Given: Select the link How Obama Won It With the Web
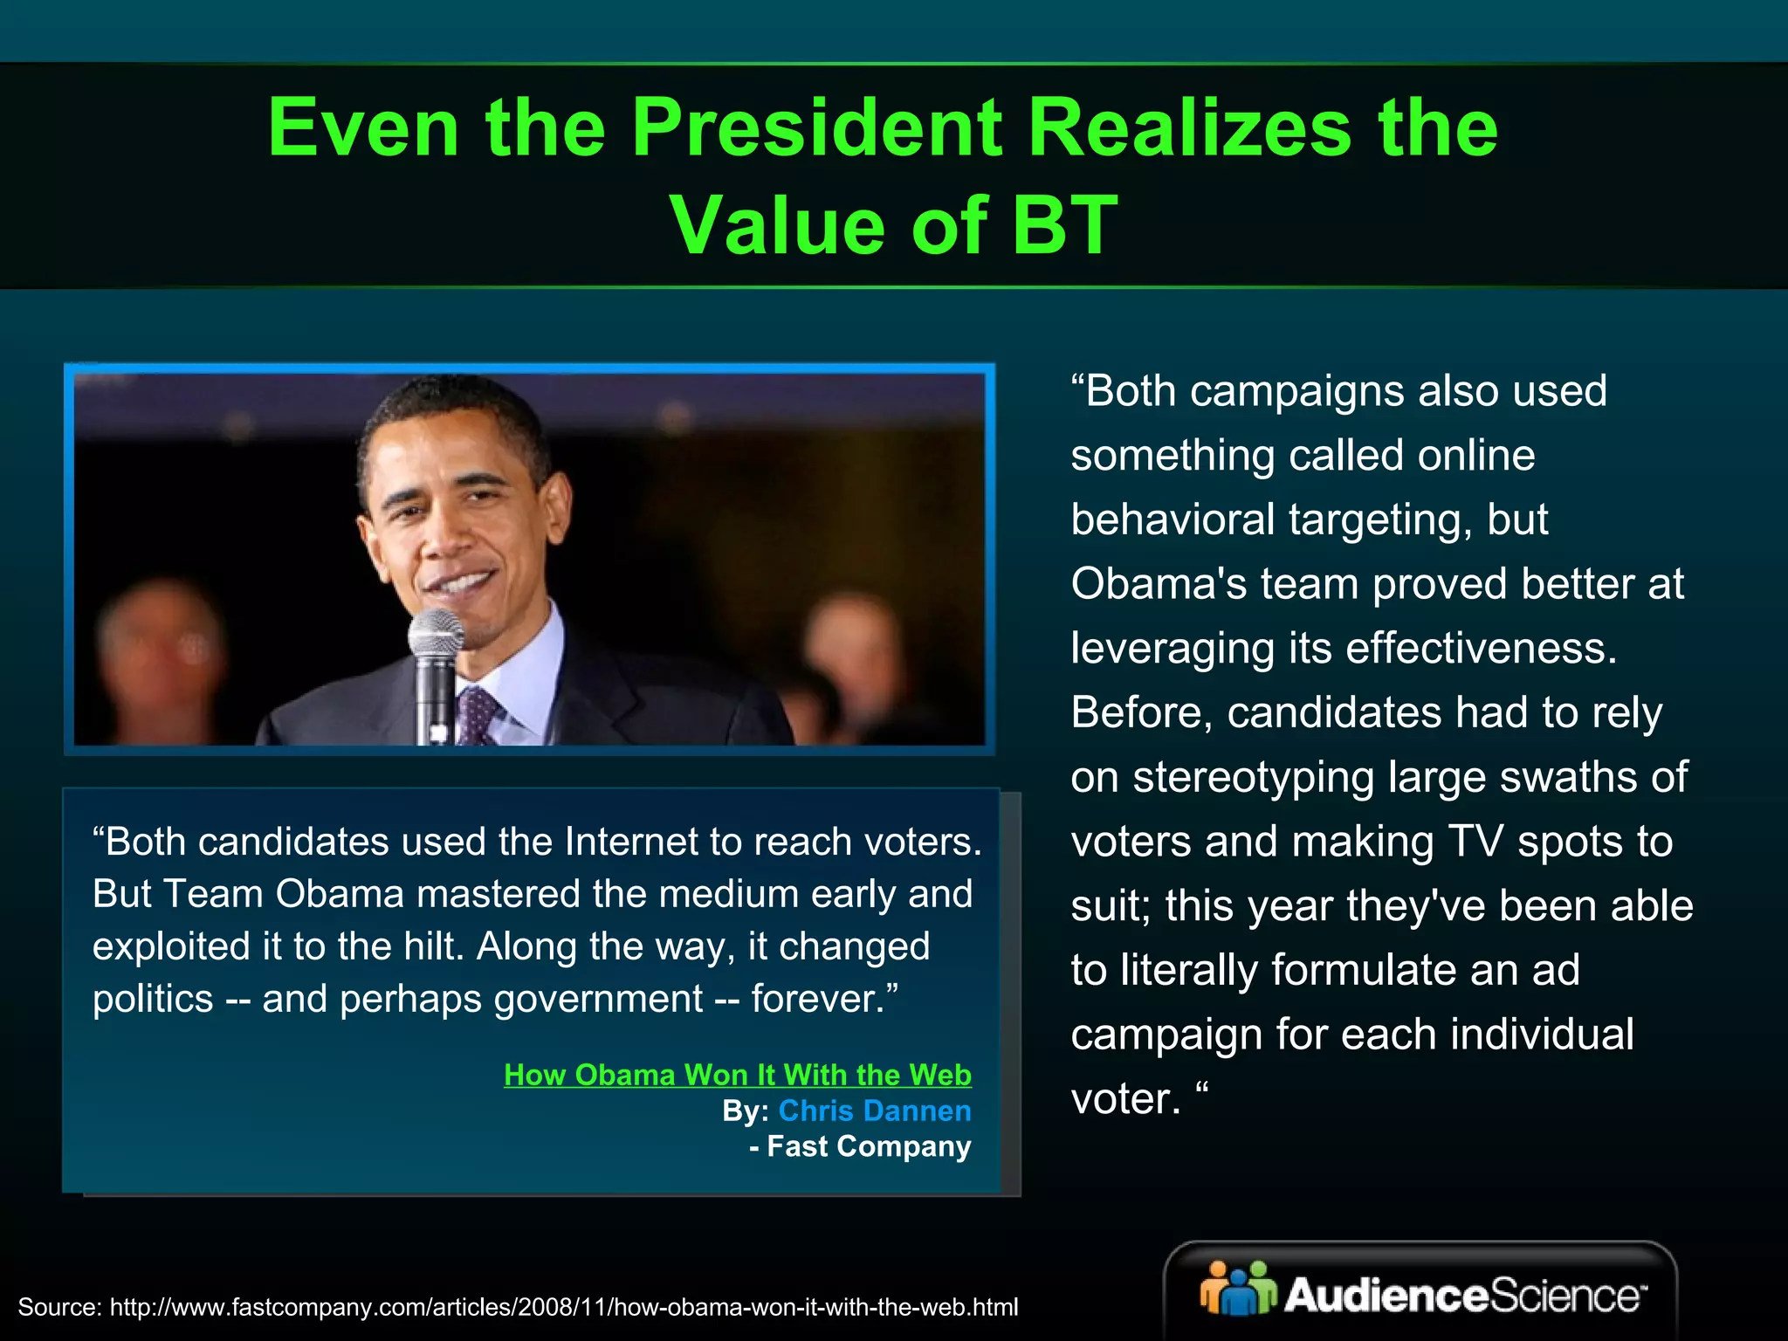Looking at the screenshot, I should [x=737, y=1075].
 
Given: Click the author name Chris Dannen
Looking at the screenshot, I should [x=874, y=1111].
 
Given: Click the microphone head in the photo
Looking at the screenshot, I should [x=436, y=634].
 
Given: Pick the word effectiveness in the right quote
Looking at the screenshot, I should [x=1481, y=648].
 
